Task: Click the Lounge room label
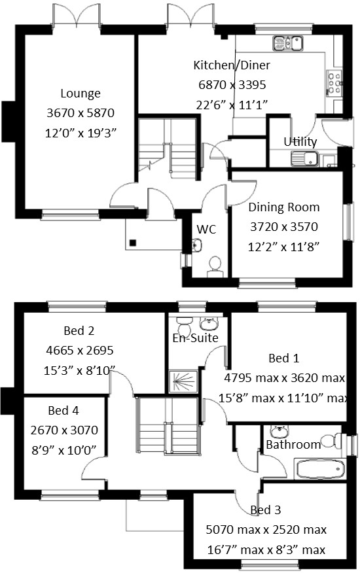point(81,94)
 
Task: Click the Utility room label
point(300,142)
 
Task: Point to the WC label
point(207,230)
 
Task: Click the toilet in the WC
point(213,264)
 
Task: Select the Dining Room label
point(284,207)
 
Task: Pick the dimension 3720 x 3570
point(284,227)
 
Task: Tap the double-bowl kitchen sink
point(289,43)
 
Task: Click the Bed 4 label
point(63,411)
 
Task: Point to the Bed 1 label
point(284,358)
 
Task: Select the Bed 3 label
point(266,510)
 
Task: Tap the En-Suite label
point(196,338)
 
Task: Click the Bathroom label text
point(293,445)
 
